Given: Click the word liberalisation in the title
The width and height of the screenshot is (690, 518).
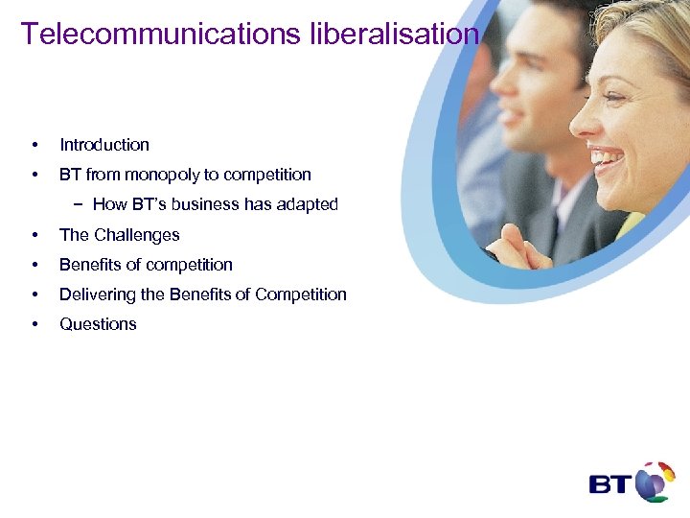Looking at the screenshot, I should coord(394,34).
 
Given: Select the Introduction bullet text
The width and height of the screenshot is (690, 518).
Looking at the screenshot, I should coord(104,145).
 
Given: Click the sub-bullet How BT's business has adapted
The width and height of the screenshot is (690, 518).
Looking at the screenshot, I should coord(215,204).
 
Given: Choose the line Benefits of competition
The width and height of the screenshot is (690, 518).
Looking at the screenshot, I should coord(146,265).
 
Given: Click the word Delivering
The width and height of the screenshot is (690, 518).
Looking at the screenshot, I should coord(99,294).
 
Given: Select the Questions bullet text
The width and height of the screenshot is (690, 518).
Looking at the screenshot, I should coord(98,324).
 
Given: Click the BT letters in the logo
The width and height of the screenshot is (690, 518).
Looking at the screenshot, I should coord(609,483).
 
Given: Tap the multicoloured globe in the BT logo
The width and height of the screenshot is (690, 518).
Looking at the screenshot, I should coord(655,482).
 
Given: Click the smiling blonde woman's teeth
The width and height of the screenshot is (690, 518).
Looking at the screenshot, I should coord(608,154).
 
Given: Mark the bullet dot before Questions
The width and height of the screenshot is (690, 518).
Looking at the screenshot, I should coord(34,324).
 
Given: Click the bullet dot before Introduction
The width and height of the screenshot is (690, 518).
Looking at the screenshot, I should coord(34,145).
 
